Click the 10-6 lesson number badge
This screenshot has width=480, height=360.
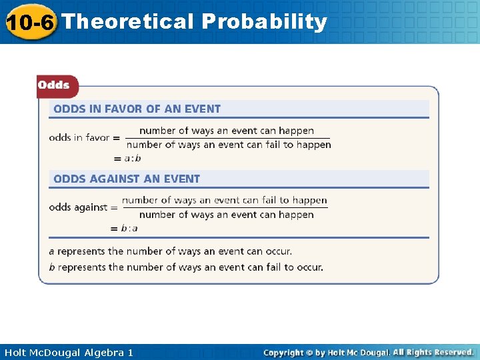click(x=30, y=22)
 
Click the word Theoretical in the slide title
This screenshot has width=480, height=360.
click(x=127, y=21)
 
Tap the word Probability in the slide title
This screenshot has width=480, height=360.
click(x=264, y=21)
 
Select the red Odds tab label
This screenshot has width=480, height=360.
click(x=54, y=85)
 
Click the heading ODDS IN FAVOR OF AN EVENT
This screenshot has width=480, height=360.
click(x=137, y=109)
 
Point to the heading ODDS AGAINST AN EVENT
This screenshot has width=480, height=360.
click(x=127, y=179)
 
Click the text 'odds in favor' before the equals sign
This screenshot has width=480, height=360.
click(x=79, y=137)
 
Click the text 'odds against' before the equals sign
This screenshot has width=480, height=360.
click(x=78, y=207)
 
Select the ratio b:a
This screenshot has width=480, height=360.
click(x=129, y=228)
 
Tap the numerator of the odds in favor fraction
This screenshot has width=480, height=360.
click(x=227, y=131)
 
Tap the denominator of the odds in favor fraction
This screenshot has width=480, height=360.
click(x=229, y=145)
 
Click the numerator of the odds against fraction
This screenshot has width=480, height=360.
click(x=225, y=200)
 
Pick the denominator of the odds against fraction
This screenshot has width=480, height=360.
click(x=227, y=215)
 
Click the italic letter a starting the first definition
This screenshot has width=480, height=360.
click(x=51, y=252)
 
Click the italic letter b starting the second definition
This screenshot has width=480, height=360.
click(x=51, y=267)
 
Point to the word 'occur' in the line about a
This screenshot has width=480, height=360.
click(x=277, y=252)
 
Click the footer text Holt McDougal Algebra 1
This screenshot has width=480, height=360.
click(x=69, y=352)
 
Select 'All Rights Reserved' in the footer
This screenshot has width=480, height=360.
click(x=433, y=352)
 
